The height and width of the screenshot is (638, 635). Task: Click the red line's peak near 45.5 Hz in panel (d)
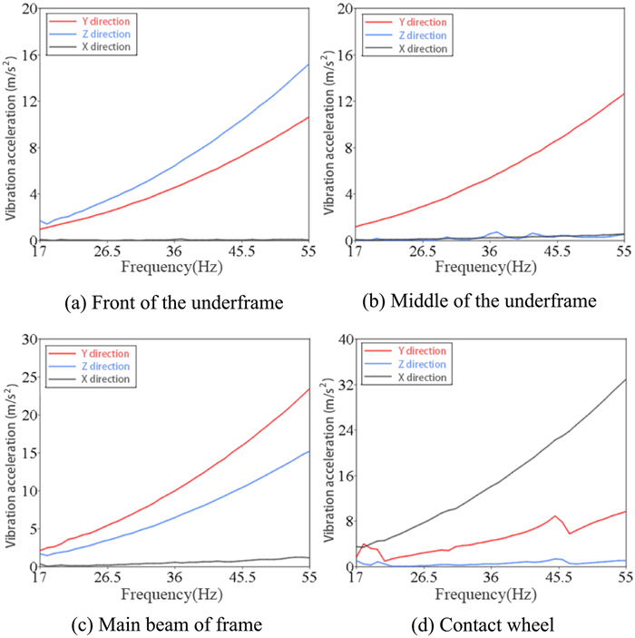tap(554, 515)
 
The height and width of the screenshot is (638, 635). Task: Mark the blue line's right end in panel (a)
tap(309, 64)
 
